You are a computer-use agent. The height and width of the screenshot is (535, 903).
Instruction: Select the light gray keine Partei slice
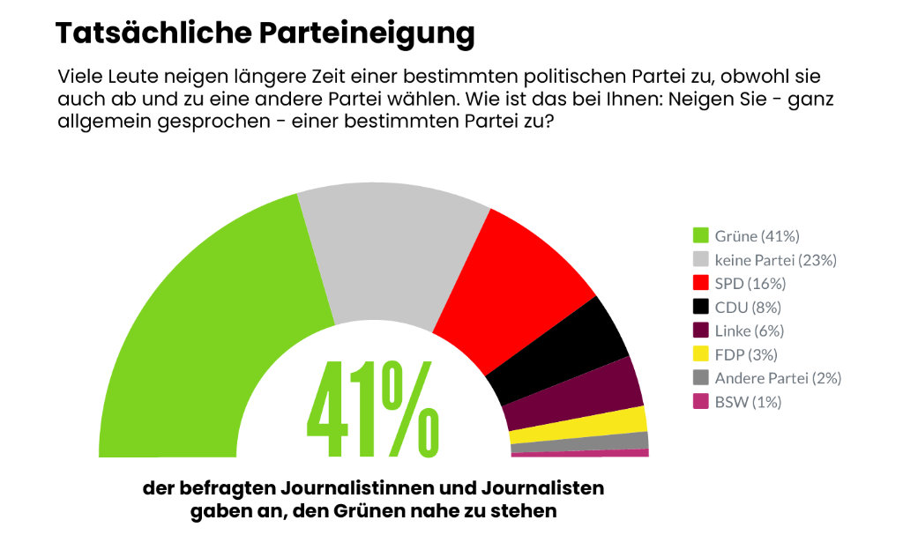(392, 260)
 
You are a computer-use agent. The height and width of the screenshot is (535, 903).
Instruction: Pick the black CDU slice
(564, 348)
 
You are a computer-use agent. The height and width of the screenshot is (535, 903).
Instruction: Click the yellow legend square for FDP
(701, 354)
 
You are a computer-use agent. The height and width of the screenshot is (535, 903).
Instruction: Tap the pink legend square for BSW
(701, 402)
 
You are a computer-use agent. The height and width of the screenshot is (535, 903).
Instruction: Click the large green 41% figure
(371, 410)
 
